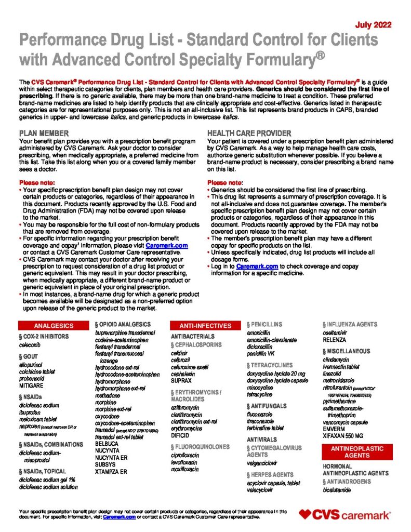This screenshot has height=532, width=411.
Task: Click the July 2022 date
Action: click(x=374, y=24)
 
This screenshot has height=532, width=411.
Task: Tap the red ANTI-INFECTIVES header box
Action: click(x=205, y=326)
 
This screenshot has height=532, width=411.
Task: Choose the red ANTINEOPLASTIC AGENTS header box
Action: click(x=357, y=451)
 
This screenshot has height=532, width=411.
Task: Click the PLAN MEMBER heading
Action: click(x=42, y=134)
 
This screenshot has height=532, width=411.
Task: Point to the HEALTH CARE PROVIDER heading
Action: click(x=249, y=134)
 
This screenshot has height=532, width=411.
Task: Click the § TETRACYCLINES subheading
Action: click(x=270, y=365)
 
